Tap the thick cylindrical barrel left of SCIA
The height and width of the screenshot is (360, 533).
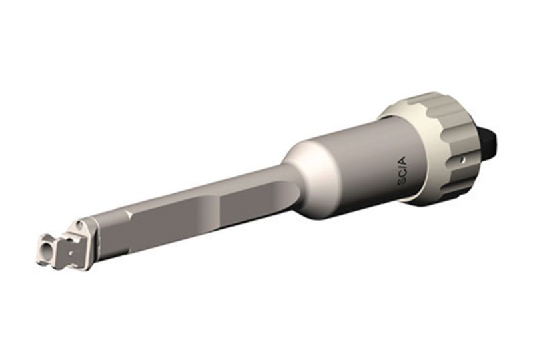pyautogui.click(x=353, y=167)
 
